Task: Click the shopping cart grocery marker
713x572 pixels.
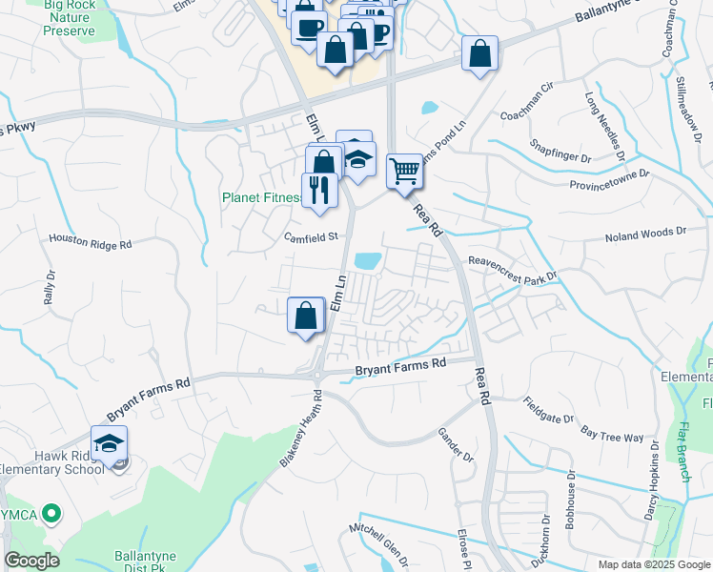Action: pos(405,171)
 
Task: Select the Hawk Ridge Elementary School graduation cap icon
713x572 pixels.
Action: pos(109,443)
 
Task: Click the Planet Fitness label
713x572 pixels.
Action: pos(260,198)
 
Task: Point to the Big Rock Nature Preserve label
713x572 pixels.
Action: pos(69,18)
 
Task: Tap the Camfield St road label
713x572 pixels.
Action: pos(312,236)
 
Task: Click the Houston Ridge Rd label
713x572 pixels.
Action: pos(91,243)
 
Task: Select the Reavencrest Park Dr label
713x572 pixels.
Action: pos(511,268)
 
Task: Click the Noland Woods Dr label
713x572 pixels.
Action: pos(645,232)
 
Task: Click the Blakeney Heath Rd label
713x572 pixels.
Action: pos(296,429)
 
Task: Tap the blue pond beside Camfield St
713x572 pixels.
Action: pos(367,260)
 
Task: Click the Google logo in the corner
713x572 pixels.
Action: pos(31,560)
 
